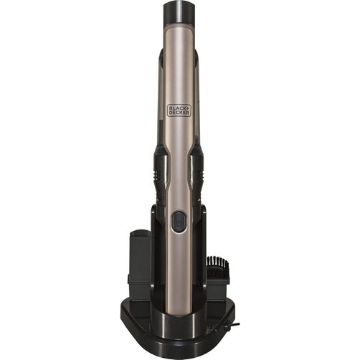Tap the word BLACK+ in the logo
(x=179, y=108)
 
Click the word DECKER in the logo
(x=179, y=113)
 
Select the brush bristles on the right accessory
(x=218, y=263)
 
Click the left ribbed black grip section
(x=160, y=176)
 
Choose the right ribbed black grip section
(x=198, y=176)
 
